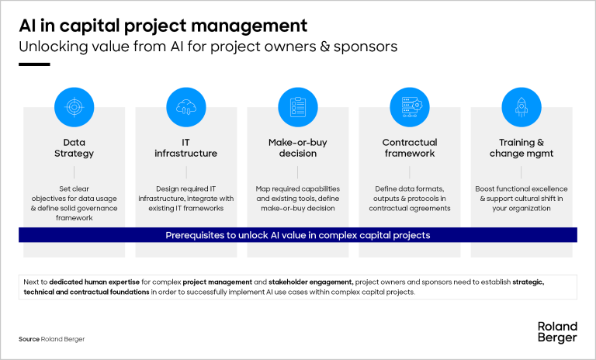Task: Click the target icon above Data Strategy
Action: click(74, 107)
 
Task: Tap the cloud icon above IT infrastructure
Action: click(186, 107)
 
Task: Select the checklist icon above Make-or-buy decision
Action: click(298, 107)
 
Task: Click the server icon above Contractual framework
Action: click(410, 107)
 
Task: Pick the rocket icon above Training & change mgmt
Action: click(521, 107)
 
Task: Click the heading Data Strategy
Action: click(74, 148)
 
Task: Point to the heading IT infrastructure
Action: click(186, 148)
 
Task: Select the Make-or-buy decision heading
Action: click(298, 148)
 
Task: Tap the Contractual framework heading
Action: click(410, 148)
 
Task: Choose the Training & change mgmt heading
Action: click(521, 148)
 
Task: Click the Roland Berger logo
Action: click(557, 332)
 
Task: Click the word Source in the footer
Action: click(29, 339)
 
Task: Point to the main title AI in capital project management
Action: click(163, 26)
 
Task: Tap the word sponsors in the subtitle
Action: click(366, 47)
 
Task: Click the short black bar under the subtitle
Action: click(34, 64)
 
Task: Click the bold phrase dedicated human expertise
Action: click(94, 282)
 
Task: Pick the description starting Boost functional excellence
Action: click(521, 199)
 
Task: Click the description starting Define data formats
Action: click(410, 199)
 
